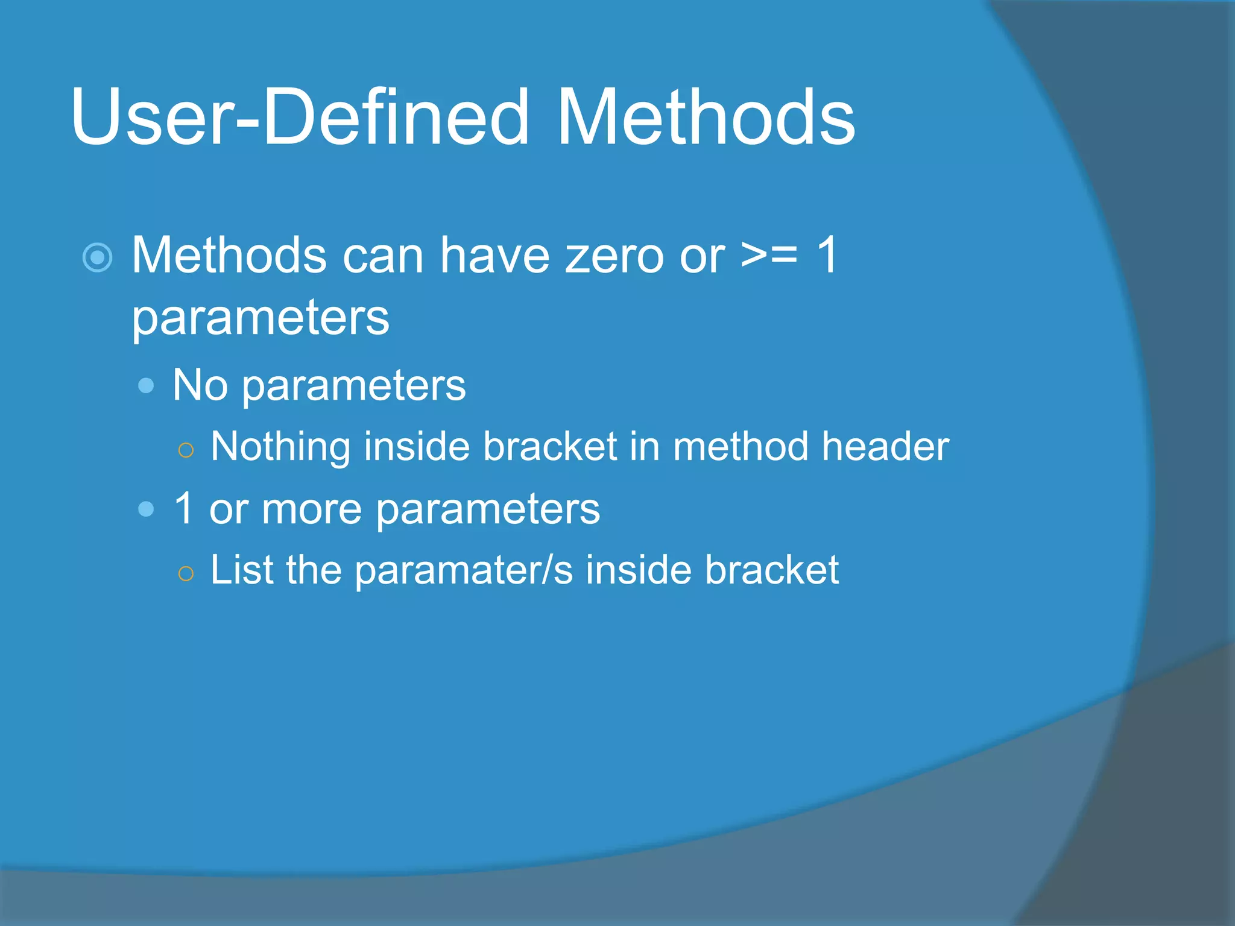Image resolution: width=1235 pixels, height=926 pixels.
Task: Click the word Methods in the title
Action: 706,118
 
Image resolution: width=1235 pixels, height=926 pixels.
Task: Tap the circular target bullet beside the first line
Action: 97,258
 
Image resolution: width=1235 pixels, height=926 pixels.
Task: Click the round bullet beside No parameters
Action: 146,386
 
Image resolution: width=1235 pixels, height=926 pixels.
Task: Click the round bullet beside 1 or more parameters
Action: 146,509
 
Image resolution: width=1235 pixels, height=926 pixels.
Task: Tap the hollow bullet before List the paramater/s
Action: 186,573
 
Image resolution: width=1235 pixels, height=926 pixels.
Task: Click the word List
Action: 241,570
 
